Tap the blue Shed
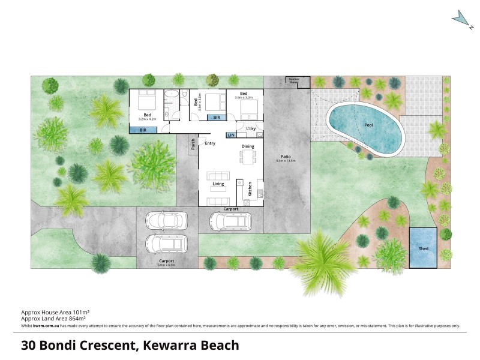pos(423,247)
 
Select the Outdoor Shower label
pos(294,80)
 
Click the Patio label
pos(286,157)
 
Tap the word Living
pos(217,167)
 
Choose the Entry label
pos(210,143)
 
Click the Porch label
pos(193,144)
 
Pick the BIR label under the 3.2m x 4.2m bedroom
pos(143,130)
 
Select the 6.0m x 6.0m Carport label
pos(167,262)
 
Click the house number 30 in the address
pos(28,345)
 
